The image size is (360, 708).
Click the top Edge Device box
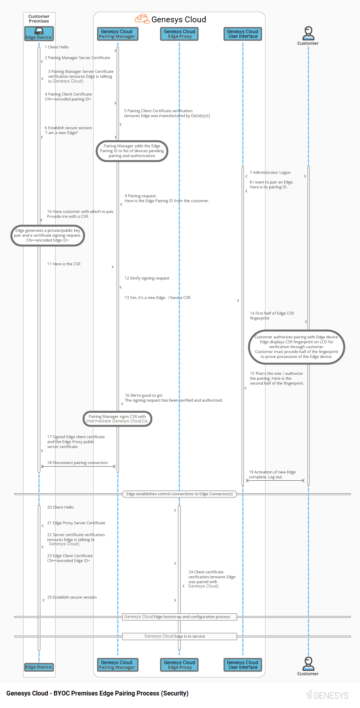pos(39,34)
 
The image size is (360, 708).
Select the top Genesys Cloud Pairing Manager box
pos(117,34)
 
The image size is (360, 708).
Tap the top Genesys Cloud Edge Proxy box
pos(179,34)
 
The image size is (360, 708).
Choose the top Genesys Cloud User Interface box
pos(243,34)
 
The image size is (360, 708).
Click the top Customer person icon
pos(308,33)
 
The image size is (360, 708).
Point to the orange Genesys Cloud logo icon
pos(142,19)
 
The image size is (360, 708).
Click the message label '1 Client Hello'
pos(57,47)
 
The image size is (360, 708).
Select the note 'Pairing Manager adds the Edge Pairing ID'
pos(132,151)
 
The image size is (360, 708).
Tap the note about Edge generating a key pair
pos(47,235)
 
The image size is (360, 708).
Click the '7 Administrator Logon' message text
pos(270,173)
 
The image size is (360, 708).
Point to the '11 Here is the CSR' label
pos(64,264)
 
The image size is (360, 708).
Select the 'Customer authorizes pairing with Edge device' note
pos(297,347)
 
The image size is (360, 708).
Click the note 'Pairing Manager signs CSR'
pos(117,419)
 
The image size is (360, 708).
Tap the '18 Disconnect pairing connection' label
pos(77,463)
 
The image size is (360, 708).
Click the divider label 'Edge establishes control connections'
pos(179,494)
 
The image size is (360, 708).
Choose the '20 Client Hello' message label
pos(61,507)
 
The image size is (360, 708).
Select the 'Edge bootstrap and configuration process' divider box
pos(179,617)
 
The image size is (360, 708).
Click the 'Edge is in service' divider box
pos(179,636)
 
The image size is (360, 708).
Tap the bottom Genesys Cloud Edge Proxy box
pos(179,665)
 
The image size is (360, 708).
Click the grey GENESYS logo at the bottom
pos(328,695)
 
